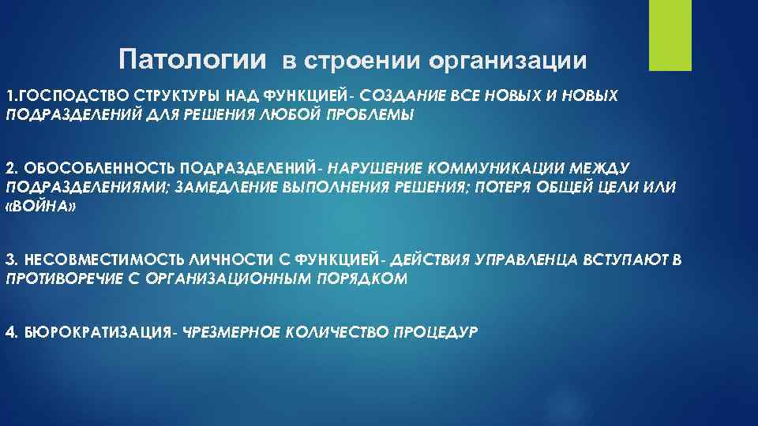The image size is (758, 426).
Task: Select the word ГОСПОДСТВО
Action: (62, 96)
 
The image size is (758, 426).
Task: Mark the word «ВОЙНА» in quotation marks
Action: (41, 206)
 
